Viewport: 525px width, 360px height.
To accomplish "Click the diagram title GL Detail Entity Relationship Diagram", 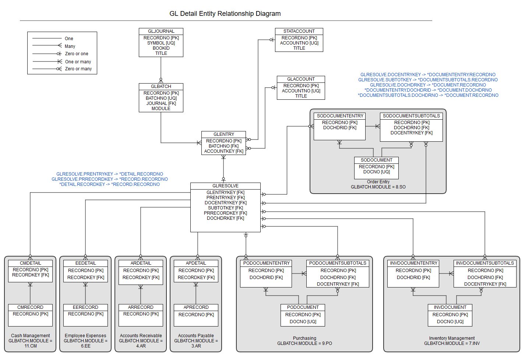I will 225,14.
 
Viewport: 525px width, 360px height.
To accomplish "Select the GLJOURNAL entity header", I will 161,31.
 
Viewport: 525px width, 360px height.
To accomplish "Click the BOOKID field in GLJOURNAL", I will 161,48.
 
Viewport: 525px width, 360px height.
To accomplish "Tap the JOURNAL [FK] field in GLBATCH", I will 161,103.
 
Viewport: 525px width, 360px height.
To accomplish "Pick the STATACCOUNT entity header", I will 299,31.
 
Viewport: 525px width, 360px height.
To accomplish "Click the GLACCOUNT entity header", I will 301,79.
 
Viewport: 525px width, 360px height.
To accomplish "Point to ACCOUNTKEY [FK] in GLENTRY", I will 223,151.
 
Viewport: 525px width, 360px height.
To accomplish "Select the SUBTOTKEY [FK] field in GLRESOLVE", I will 225,208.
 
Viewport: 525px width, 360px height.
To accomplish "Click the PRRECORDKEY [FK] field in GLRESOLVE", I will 225,213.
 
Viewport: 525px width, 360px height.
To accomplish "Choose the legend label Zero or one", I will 77,54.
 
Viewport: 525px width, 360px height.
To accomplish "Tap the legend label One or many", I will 78,62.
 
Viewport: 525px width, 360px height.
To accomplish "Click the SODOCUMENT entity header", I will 376,160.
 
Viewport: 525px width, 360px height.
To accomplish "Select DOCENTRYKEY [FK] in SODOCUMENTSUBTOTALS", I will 411,133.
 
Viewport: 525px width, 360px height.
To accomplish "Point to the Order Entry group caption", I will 378,182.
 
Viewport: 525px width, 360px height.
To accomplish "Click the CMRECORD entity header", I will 30,307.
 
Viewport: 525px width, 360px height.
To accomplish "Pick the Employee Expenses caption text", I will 85,336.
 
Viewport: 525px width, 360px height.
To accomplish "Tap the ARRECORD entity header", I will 141,307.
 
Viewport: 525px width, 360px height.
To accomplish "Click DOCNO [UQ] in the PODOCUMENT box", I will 303,322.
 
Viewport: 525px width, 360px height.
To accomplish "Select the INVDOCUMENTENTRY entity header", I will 413,263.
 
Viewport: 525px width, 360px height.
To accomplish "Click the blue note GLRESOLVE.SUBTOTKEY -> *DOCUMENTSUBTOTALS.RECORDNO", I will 428,80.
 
